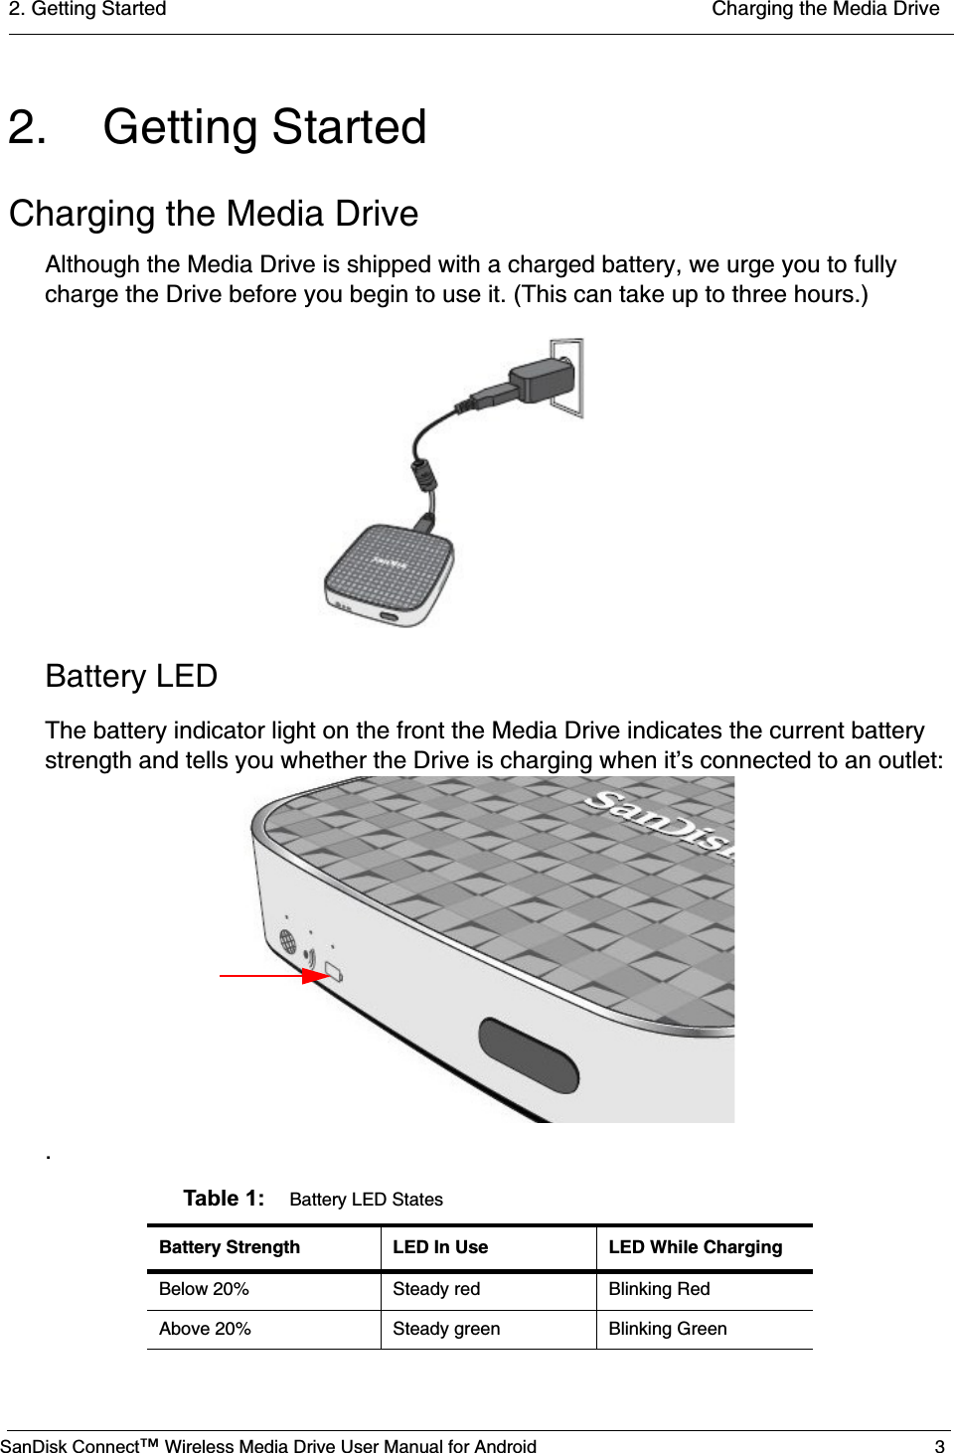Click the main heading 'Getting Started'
(264, 128)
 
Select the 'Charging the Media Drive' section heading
(214, 214)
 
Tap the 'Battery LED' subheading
(131, 676)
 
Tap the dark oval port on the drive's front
(529, 1054)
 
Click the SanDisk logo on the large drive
(660, 819)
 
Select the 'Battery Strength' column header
(230, 1247)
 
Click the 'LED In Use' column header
(440, 1247)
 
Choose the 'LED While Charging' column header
(695, 1247)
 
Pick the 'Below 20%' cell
(204, 1289)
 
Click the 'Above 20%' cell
(205, 1329)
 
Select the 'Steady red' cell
(436, 1289)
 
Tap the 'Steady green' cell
(446, 1329)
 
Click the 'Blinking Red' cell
(659, 1289)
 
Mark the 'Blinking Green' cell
(667, 1329)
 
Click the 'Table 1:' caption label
(224, 1199)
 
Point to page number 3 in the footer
(939, 1446)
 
